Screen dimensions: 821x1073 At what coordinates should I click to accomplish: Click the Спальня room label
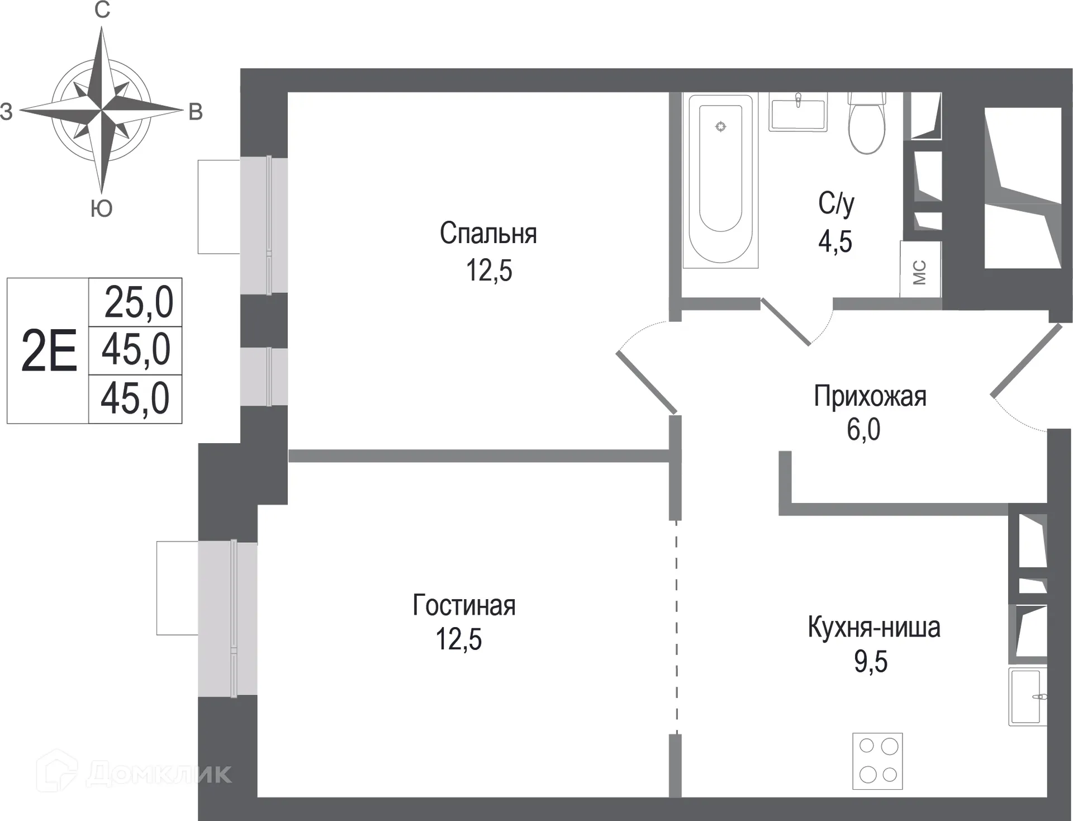488,234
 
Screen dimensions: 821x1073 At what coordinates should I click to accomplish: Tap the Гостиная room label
464,605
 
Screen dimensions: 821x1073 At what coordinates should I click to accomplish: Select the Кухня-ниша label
873,628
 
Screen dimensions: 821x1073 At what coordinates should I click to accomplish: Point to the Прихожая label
870,396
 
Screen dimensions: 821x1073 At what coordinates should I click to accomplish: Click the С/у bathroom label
836,203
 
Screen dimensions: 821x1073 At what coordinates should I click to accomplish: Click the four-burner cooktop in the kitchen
877,761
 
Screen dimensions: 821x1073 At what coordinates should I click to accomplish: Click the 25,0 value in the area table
139,302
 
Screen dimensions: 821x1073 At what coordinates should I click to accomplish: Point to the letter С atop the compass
102,10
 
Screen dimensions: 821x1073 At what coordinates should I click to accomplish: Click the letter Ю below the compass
101,208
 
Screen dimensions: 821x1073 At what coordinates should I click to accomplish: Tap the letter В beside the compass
195,112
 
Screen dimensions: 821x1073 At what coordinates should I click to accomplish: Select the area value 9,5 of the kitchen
870,662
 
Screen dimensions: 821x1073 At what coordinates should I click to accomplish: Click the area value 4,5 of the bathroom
835,242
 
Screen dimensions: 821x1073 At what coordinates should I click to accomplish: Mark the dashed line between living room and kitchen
676,626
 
